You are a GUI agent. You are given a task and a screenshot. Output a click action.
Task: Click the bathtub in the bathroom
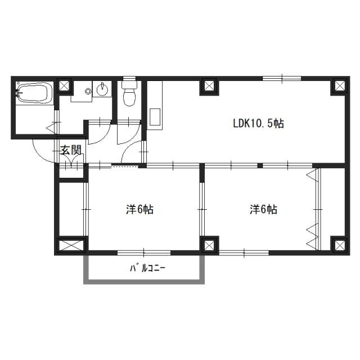tap(34, 93)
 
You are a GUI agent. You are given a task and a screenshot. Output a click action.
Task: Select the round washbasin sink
tap(102, 89)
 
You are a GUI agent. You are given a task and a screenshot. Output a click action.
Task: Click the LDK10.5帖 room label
tap(259, 124)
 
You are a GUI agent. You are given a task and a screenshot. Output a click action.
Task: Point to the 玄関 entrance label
tap(71, 150)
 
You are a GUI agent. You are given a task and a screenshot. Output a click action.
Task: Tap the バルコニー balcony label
tap(147, 268)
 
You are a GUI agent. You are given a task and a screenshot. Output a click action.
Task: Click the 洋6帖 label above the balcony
tap(140, 209)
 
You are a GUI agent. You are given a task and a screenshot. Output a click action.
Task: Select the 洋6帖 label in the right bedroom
tap(263, 209)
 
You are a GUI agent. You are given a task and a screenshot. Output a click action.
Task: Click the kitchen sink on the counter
tap(155, 117)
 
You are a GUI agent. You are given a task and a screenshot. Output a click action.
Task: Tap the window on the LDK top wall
tap(282, 78)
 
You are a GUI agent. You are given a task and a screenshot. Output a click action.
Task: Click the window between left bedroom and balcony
tap(144, 253)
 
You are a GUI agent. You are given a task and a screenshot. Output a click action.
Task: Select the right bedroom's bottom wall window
tap(244, 253)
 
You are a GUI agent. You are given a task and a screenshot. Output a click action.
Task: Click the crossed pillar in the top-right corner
tap(340, 86)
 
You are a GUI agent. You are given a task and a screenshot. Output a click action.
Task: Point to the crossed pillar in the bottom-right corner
tap(340, 245)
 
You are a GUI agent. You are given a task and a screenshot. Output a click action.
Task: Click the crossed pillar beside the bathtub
tap(64, 86)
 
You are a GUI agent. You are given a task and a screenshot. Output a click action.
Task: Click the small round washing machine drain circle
tap(88, 91)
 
